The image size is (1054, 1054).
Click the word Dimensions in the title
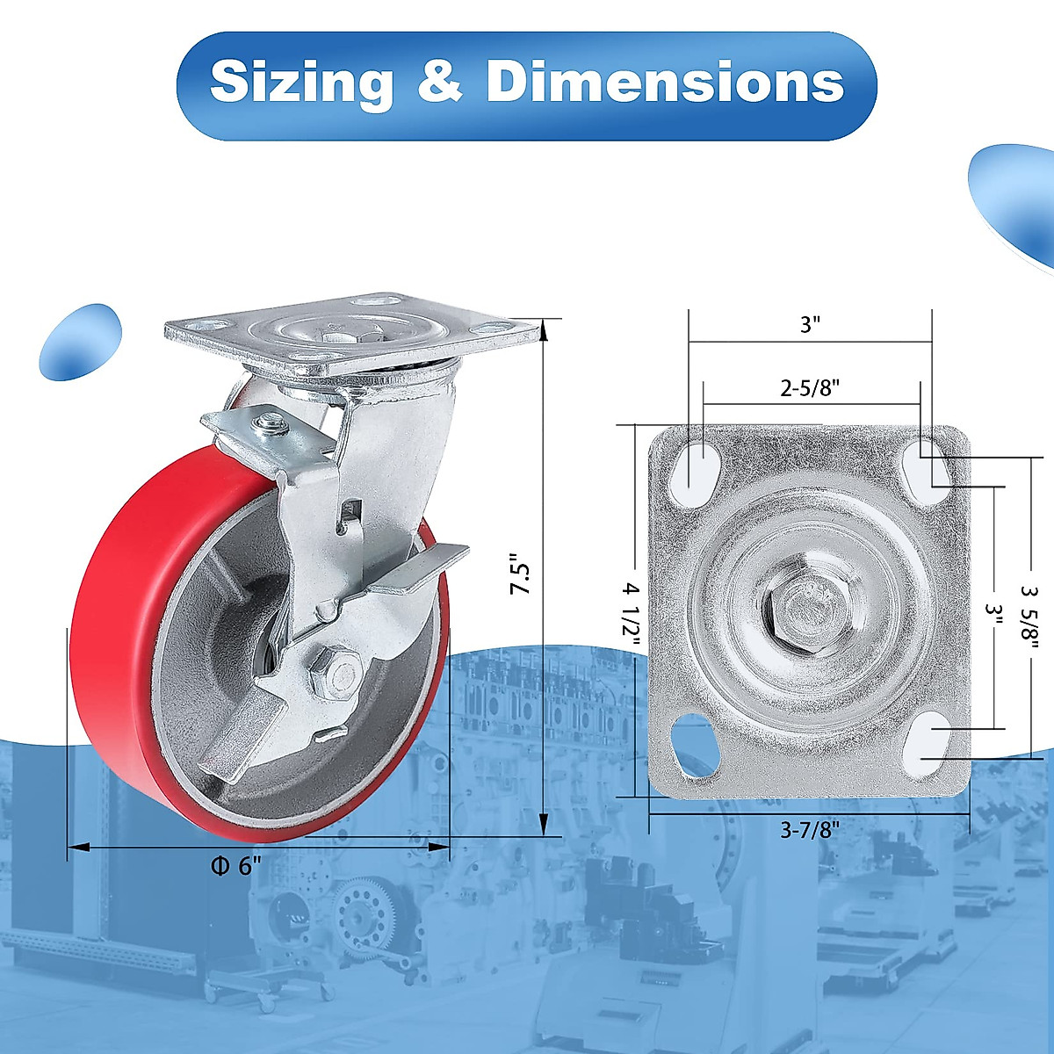(664, 82)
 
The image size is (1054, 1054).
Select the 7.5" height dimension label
(521, 580)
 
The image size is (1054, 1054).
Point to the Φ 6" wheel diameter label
(236, 866)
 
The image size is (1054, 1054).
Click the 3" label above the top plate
(810, 325)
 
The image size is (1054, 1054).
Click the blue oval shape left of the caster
(80, 343)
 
